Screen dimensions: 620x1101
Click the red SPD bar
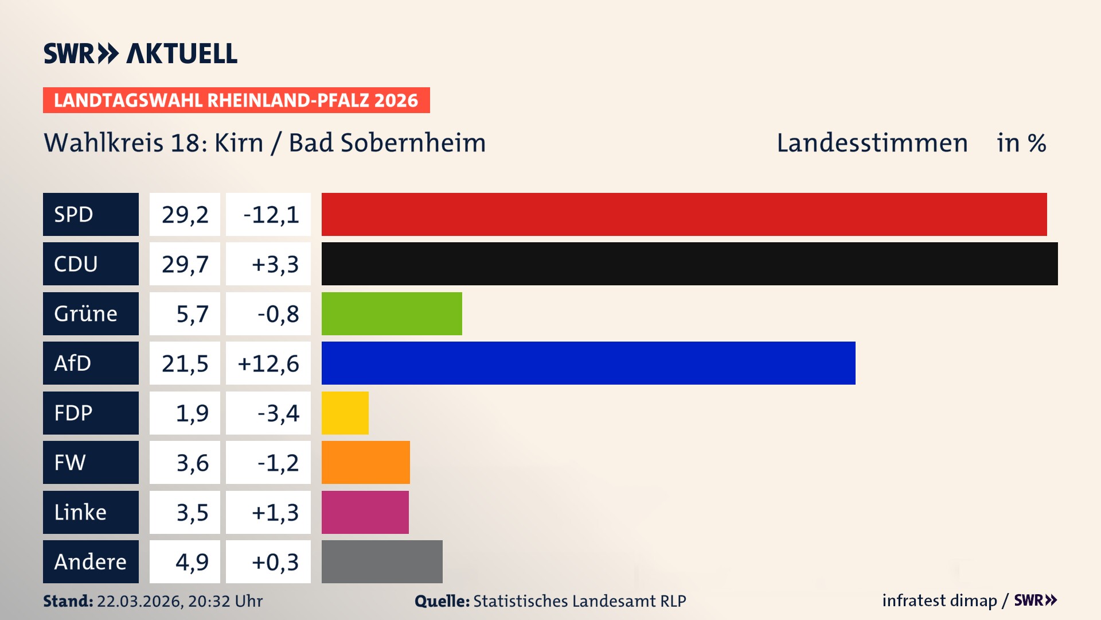[684, 214]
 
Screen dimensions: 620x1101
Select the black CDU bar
[689, 263]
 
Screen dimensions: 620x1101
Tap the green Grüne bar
[392, 313]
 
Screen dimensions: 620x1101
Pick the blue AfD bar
[588, 363]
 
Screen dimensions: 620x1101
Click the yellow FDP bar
[345, 413]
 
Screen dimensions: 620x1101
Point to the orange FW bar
[365, 462]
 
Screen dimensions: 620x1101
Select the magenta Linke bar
[365, 512]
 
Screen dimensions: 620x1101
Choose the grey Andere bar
[382, 561]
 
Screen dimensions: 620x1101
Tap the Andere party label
[91, 561]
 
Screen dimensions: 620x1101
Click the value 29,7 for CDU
[185, 264]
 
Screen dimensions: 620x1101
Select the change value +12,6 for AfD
[268, 363]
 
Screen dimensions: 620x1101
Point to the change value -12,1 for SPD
[271, 215]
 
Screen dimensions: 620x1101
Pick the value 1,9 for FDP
[192, 413]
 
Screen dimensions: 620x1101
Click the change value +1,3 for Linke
[275, 513]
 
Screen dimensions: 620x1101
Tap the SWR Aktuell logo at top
[140, 53]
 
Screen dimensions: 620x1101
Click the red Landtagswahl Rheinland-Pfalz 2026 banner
[236, 100]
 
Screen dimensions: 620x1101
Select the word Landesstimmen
[872, 143]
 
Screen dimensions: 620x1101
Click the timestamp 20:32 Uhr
[225, 601]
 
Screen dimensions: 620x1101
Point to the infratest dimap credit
[939, 600]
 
